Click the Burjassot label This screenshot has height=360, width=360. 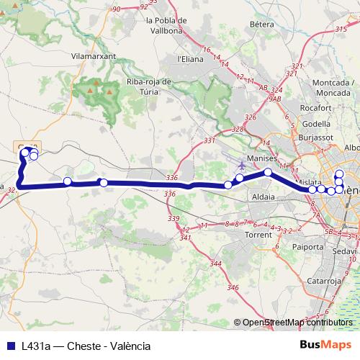(x=315, y=135)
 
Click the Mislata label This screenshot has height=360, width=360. (x=309, y=183)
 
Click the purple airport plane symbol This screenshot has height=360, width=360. (x=241, y=165)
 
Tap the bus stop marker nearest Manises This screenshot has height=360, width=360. (x=268, y=172)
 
